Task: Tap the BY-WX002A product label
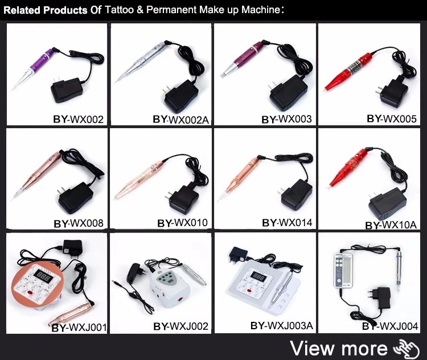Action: coord(180,119)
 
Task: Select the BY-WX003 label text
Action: coord(286,120)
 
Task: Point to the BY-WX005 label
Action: coord(392,118)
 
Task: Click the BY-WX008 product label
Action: coord(78,223)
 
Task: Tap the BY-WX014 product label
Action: coord(286,223)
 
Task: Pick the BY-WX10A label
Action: coord(391,225)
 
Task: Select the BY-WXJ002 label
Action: coord(180,326)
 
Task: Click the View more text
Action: coord(338,347)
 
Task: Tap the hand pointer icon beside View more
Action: coord(405,347)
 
